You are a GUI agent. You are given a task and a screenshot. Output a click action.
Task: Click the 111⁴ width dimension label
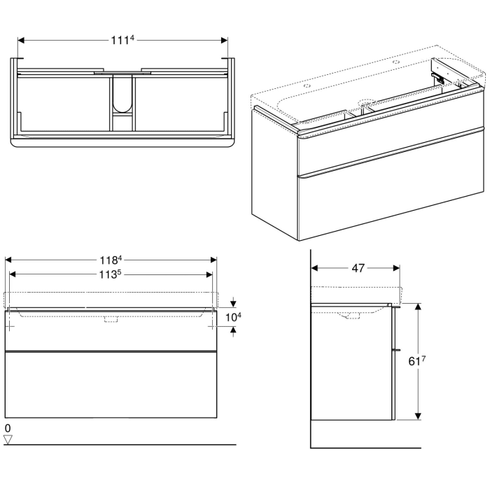coord(122,41)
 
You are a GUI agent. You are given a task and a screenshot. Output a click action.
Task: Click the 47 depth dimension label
coord(357,268)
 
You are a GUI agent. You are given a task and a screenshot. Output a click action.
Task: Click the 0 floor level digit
coord(8,427)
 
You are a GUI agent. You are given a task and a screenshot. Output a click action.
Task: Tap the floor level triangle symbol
coord(8,439)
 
